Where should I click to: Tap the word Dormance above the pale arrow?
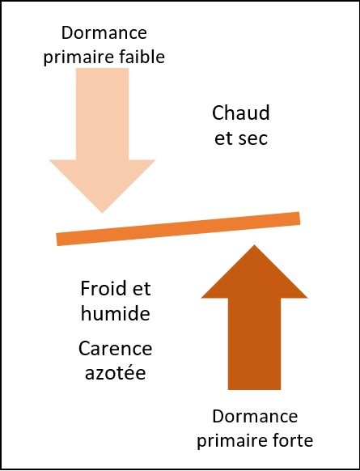[x=104, y=32]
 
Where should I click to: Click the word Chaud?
[x=241, y=113]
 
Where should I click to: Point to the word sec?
[x=252, y=138]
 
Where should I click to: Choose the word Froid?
[x=103, y=288]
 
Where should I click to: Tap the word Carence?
[x=116, y=349]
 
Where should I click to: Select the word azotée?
[x=116, y=372]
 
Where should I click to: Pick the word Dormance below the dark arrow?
[x=255, y=416]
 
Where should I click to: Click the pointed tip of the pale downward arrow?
[x=103, y=213]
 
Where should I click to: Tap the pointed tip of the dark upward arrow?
[x=255, y=245]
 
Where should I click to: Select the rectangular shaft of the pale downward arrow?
[x=103, y=114]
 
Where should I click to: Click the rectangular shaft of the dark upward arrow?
[x=254, y=344]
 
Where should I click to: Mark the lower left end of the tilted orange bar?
[x=57, y=240]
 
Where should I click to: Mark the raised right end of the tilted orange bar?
[x=299, y=218]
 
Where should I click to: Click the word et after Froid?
[x=142, y=289]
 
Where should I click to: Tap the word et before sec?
[x=223, y=138]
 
